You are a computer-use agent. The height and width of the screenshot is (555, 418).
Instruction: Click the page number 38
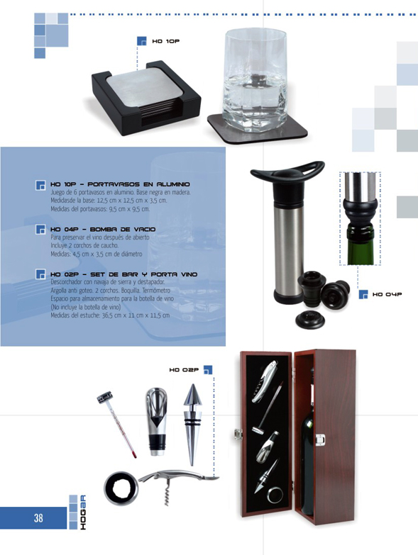(38, 518)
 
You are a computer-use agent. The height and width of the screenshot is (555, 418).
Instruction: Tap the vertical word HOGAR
(82, 512)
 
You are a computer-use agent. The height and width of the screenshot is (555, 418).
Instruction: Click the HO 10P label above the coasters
(166, 41)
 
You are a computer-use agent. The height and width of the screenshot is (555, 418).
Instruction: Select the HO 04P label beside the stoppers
(387, 294)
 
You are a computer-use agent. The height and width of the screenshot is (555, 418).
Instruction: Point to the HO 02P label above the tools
(184, 370)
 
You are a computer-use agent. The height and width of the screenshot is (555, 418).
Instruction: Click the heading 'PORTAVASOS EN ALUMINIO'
(138, 184)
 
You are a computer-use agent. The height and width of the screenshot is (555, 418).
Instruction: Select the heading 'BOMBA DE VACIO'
(121, 230)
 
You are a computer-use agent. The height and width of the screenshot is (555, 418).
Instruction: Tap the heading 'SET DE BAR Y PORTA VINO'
(143, 274)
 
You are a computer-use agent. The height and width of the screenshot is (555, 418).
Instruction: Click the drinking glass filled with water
(255, 81)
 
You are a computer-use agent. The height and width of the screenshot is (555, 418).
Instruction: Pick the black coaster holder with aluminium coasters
(146, 98)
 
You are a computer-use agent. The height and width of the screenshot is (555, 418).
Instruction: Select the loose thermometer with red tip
(116, 425)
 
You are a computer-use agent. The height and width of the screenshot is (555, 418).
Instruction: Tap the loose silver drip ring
(121, 487)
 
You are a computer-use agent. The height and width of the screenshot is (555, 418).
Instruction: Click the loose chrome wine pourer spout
(157, 421)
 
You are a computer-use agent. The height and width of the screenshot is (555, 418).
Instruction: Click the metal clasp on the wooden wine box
(321, 439)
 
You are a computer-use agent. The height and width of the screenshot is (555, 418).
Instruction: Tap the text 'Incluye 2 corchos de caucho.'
(84, 245)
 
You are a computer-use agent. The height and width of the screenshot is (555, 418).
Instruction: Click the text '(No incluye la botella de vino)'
(86, 307)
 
